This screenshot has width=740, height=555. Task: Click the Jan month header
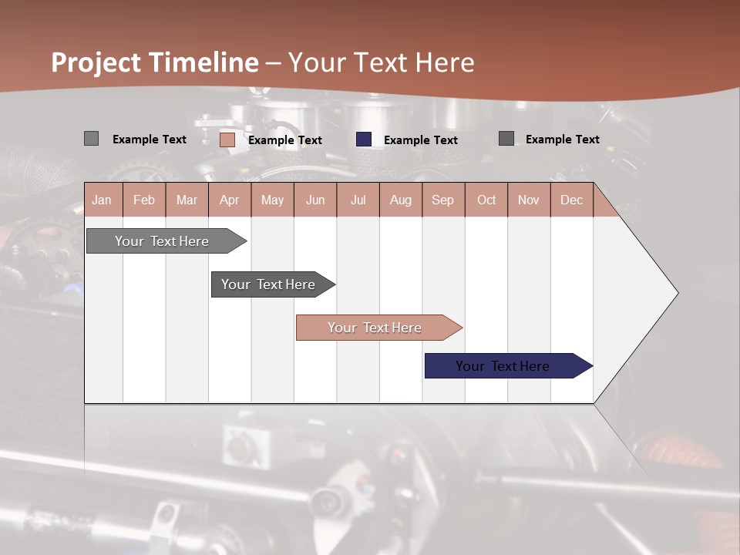(x=102, y=200)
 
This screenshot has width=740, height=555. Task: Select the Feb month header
(x=144, y=200)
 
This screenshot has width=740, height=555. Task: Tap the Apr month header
(x=230, y=200)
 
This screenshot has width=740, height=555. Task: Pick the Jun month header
(x=315, y=200)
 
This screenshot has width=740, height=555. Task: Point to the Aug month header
(x=401, y=200)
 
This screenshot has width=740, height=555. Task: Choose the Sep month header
(x=443, y=200)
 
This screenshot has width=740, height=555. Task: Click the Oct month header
(x=486, y=200)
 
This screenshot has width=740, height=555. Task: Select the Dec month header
(x=572, y=200)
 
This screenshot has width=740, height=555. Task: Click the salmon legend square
(x=227, y=140)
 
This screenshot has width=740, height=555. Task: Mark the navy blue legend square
(x=364, y=140)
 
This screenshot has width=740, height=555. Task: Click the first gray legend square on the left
(x=91, y=139)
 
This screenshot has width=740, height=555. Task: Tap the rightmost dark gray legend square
(x=506, y=139)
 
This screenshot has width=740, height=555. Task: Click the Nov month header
(x=529, y=200)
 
